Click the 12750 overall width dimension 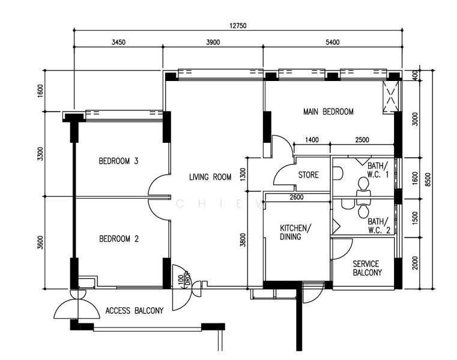tap(238, 26)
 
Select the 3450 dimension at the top tap(118, 42)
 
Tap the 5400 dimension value tap(333, 42)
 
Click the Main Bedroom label tap(328, 112)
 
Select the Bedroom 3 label tap(118, 161)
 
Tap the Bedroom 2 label tap(119, 239)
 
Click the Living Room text tap(210, 177)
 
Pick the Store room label tap(308, 175)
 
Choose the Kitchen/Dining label tap(295, 232)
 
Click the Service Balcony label tap(367, 268)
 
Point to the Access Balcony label tap(135, 310)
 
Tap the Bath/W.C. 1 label tap(378, 170)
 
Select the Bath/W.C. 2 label tap(378, 226)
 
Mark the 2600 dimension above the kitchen tap(297, 197)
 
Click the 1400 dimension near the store tap(312, 140)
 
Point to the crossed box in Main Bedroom tap(390, 97)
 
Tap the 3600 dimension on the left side tap(40, 242)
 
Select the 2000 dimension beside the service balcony tap(416, 263)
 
